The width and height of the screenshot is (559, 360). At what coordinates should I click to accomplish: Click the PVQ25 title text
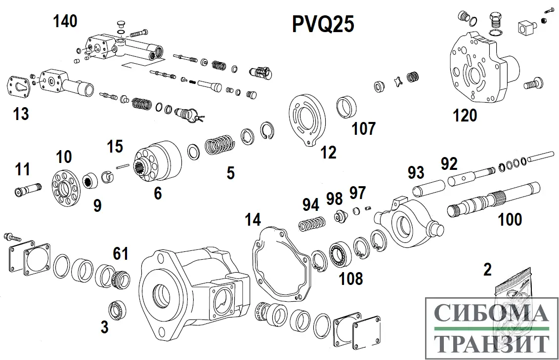click(x=323, y=24)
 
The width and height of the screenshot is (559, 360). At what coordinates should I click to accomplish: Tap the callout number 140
click(x=66, y=21)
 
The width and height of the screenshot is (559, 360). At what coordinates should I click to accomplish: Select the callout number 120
click(x=465, y=116)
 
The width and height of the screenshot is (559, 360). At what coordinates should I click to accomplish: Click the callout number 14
click(x=253, y=220)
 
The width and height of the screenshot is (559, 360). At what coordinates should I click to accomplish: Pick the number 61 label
click(x=121, y=254)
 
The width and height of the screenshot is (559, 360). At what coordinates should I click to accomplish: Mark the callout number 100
click(x=510, y=219)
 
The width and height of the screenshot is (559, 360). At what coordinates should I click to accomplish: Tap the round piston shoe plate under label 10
click(x=65, y=190)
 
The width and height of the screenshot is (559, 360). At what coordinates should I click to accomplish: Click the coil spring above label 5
click(x=217, y=146)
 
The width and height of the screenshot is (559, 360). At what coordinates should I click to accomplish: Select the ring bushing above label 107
click(x=347, y=108)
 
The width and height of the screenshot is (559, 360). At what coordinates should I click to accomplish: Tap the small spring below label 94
click(x=311, y=224)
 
